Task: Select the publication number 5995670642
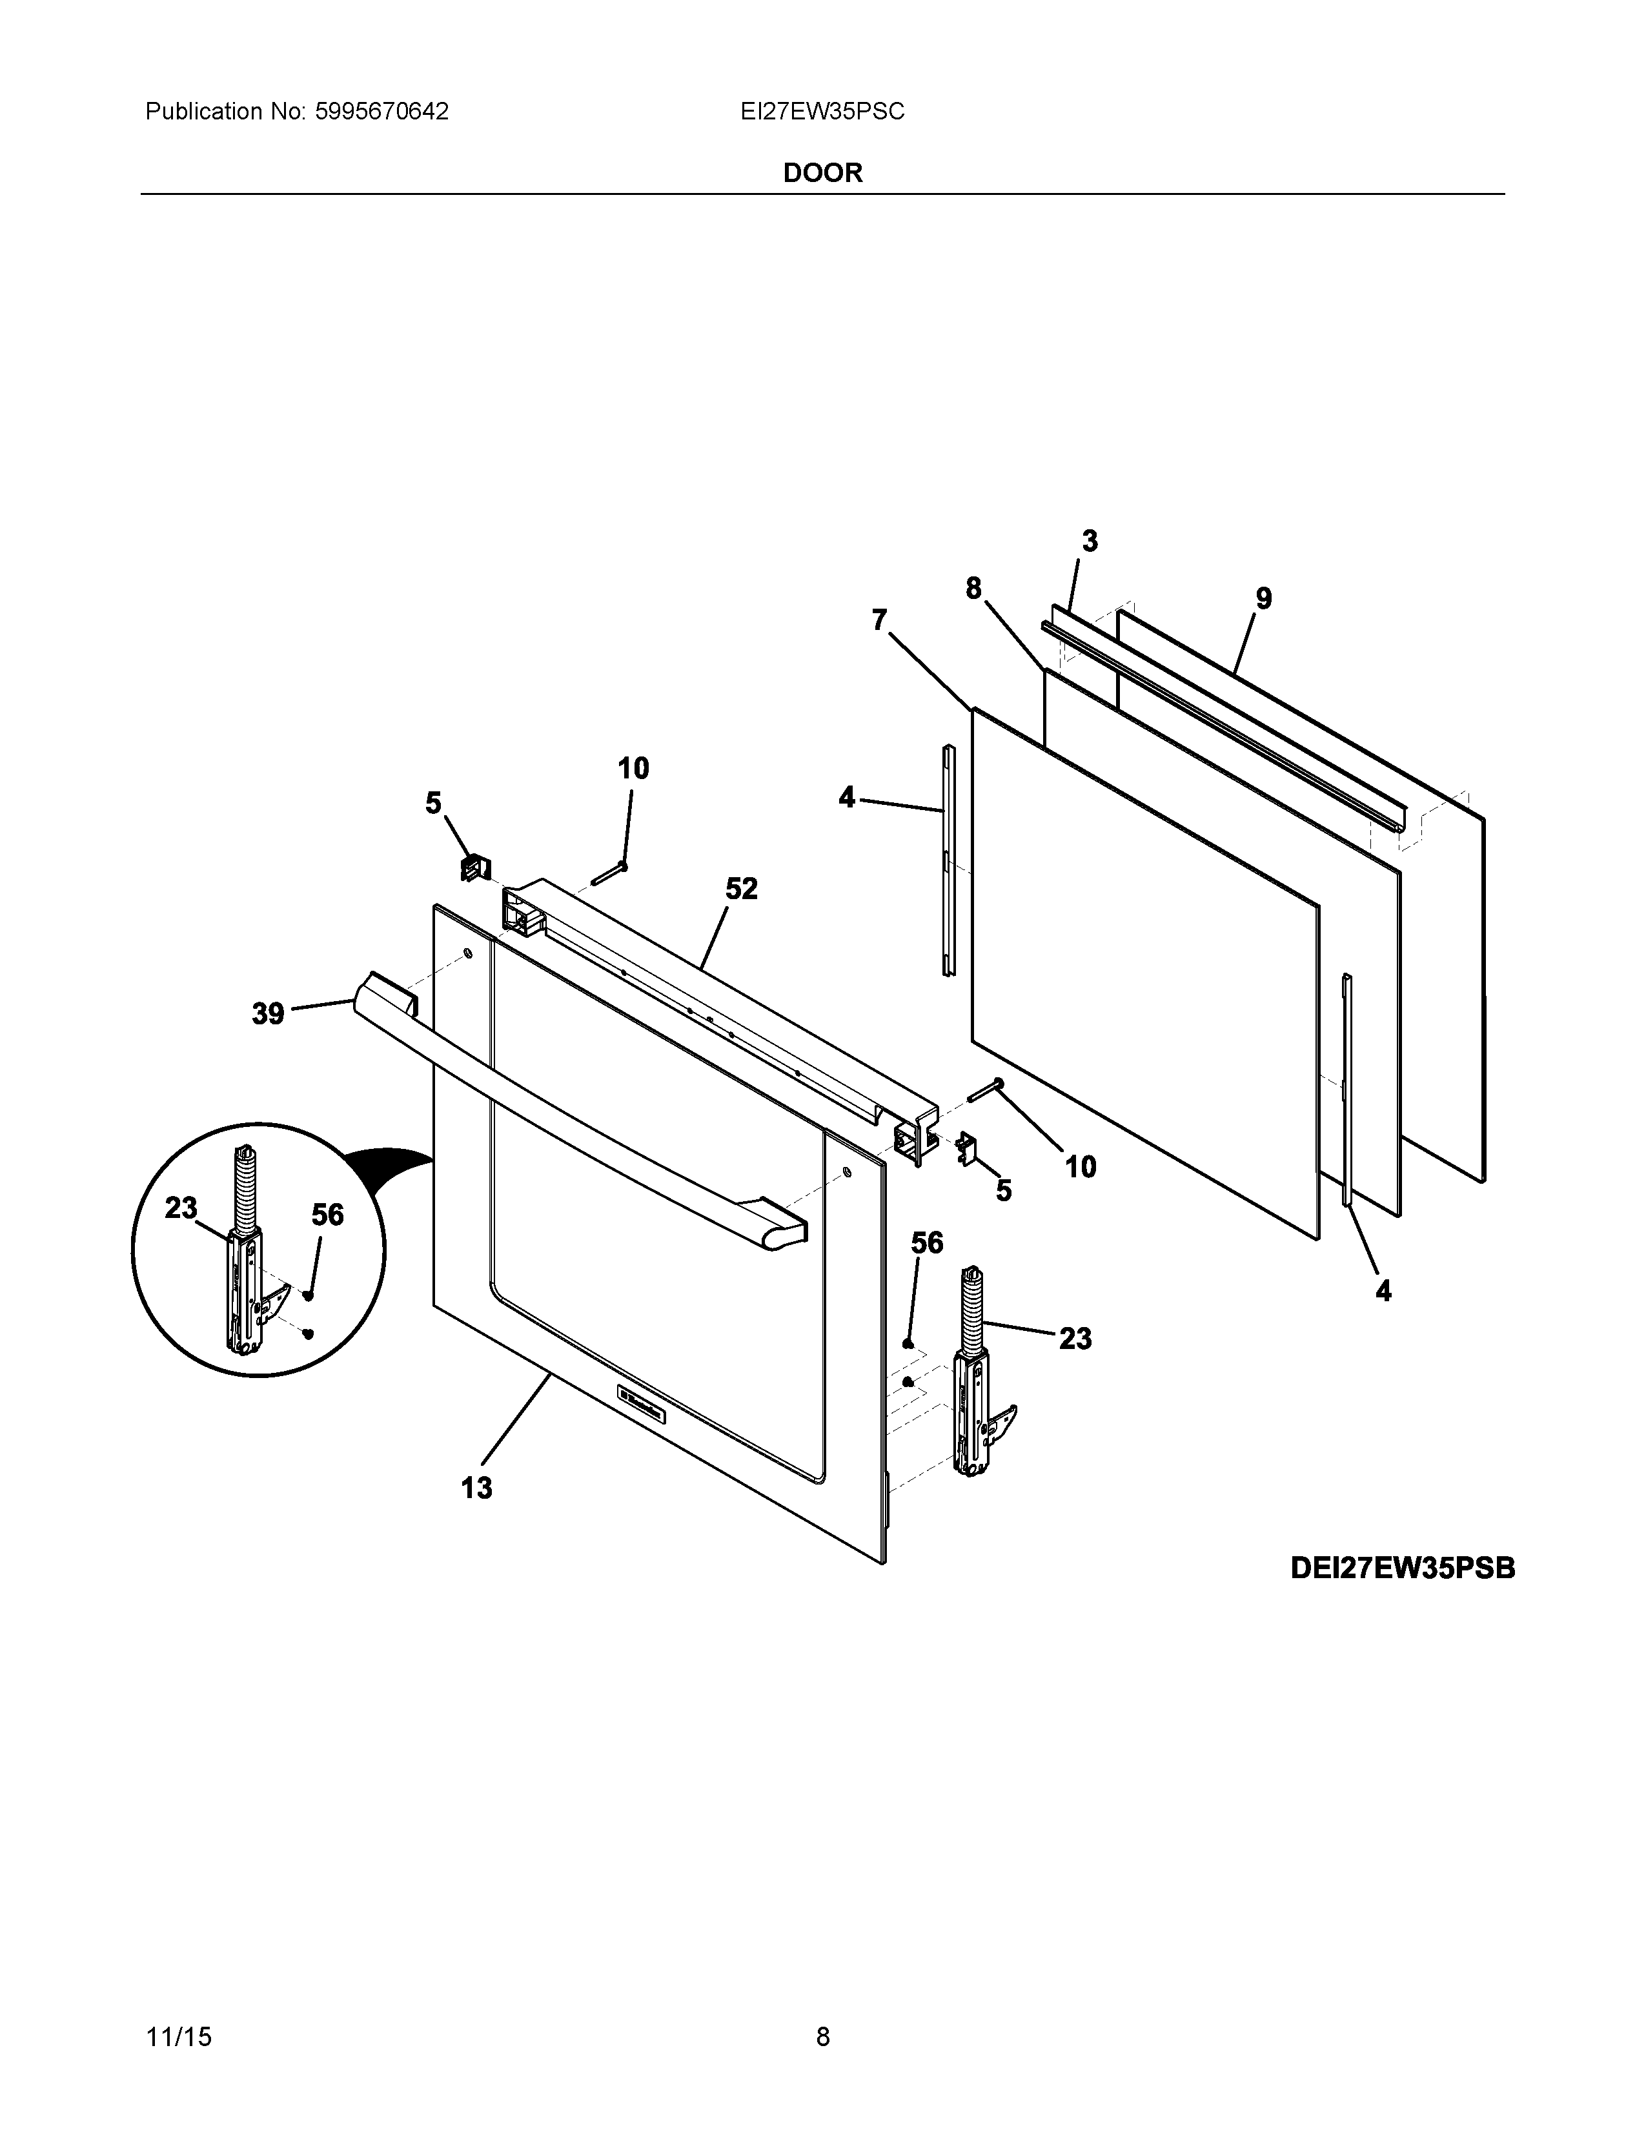(x=380, y=112)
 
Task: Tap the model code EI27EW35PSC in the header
(x=822, y=112)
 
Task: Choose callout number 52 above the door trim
(x=741, y=889)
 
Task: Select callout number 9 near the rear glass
(x=1264, y=598)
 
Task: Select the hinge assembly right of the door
(x=978, y=1390)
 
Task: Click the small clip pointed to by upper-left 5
(x=475, y=866)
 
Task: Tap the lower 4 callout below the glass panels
(x=1383, y=1292)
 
